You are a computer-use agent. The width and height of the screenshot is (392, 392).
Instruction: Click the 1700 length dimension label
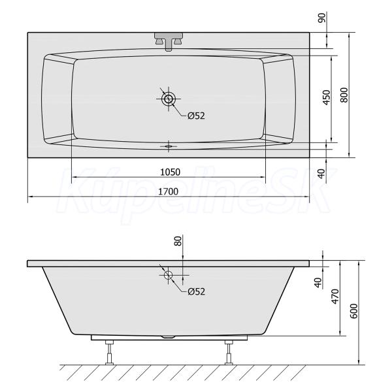click(x=169, y=191)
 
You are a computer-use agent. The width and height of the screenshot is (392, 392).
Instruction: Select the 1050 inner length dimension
click(x=170, y=172)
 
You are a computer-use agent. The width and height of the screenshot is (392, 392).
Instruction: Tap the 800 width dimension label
click(x=344, y=95)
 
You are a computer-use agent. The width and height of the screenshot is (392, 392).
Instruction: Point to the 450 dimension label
click(x=326, y=97)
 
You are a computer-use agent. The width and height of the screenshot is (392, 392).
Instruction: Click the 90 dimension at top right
click(x=322, y=18)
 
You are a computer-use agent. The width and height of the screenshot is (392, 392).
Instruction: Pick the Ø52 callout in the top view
click(x=196, y=116)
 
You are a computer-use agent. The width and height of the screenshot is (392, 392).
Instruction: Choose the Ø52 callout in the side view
click(x=196, y=291)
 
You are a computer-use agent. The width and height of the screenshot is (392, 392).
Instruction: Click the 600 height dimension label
click(x=353, y=311)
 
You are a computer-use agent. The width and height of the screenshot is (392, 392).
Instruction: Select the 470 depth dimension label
click(x=335, y=297)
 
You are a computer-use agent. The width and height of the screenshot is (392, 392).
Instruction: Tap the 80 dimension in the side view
click(x=178, y=241)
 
